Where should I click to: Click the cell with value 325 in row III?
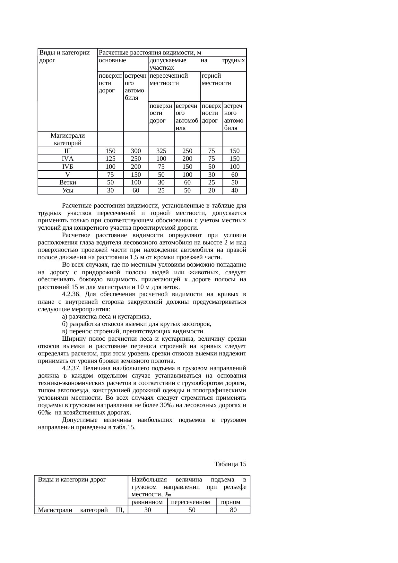pyautogui.click(x=161, y=151)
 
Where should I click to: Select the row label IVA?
pyautogui.click(x=67, y=159)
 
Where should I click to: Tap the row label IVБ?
pyautogui.click(x=67, y=167)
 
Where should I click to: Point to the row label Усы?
pyautogui.click(x=67, y=191)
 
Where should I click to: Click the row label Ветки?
pyautogui.click(x=67, y=183)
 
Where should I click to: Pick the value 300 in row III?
pyautogui.click(x=136, y=151)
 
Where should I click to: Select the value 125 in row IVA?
pyautogui.click(x=110, y=159)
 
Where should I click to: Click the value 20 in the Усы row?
pyautogui.click(x=212, y=191)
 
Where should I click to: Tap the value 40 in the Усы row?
pyautogui.click(x=235, y=191)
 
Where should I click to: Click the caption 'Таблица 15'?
pyautogui.click(x=230, y=464)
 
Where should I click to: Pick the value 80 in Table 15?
pyautogui.click(x=233, y=510)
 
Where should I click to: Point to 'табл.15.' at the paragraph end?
pyautogui.click(x=125, y=428)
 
